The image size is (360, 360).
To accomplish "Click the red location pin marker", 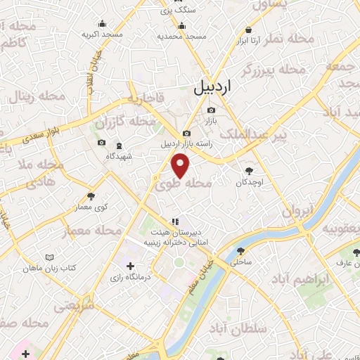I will pyautogui.click(x=181, y=165).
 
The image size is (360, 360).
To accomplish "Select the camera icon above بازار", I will pyautogui.click(x=211, y=110).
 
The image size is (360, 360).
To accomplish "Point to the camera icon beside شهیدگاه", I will pyautogui.click(x=102, y=143).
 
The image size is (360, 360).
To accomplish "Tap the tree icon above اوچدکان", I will pyautogui.click(x=248, y=170).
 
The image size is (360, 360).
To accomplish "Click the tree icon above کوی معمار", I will pyautogui.click(x=91, y=196).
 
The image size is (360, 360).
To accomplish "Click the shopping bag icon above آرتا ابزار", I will pyautogui.click(x=249, y=30).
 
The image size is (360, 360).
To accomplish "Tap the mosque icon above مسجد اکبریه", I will pyautogui.click(x=103, y=23).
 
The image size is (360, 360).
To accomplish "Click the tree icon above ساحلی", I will pyautogui.click(x=240, y=250).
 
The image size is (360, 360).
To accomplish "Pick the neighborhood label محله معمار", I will pyautogui.click(x=93, y=231).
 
